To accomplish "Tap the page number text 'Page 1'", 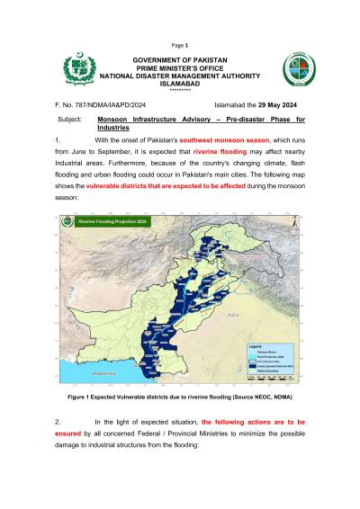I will (x=180, y=44).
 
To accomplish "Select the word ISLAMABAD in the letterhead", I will (x=180, y=84).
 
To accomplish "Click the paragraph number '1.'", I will (x=58, y=142).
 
